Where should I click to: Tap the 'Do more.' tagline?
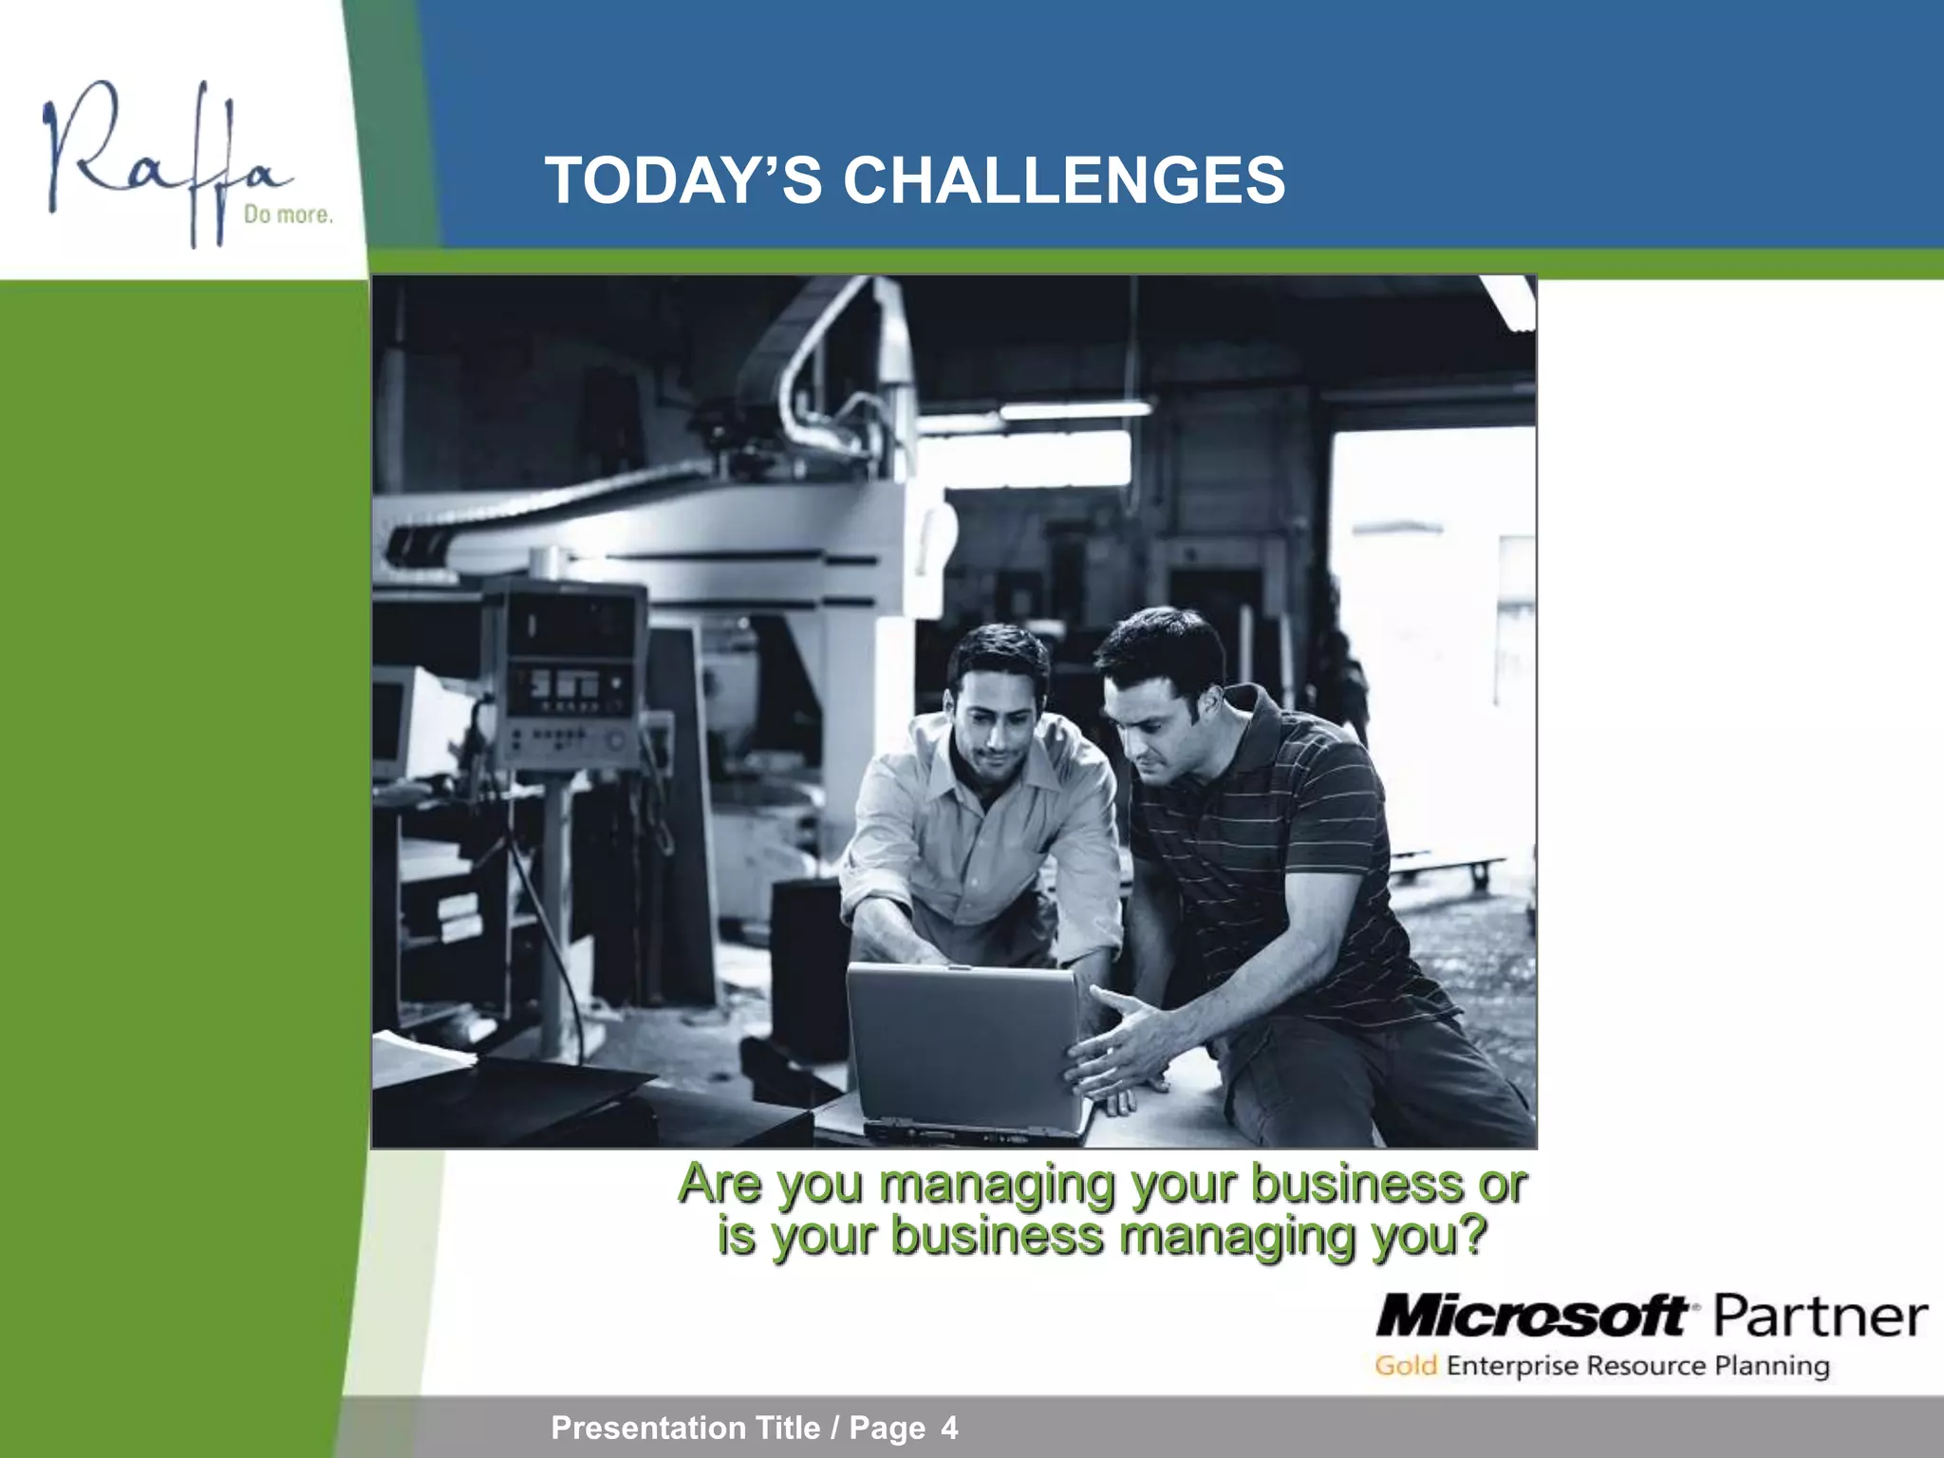click(x=289, y=215)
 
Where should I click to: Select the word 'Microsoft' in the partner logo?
click(x=1530, y=1318)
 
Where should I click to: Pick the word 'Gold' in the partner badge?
click(x=1406, y=1366)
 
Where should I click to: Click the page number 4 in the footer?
click(x=949, y=1428)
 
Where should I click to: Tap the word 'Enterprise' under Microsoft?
click(x=1514, y=1366)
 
